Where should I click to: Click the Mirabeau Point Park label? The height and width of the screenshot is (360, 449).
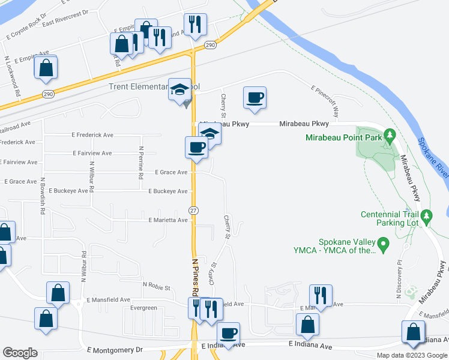(x=343, y=137)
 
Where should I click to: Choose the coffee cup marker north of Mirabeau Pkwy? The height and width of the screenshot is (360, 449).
(x=255, y=98)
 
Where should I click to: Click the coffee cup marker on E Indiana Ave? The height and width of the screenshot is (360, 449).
(x=228, y=334)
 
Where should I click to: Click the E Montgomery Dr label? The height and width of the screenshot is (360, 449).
(x=116, y=349)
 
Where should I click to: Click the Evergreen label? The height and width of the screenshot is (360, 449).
(x=144, y=308)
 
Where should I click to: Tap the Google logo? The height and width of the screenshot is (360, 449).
(x=20, y=353)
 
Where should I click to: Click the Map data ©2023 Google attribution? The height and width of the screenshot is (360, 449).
(x=412, y=355)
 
